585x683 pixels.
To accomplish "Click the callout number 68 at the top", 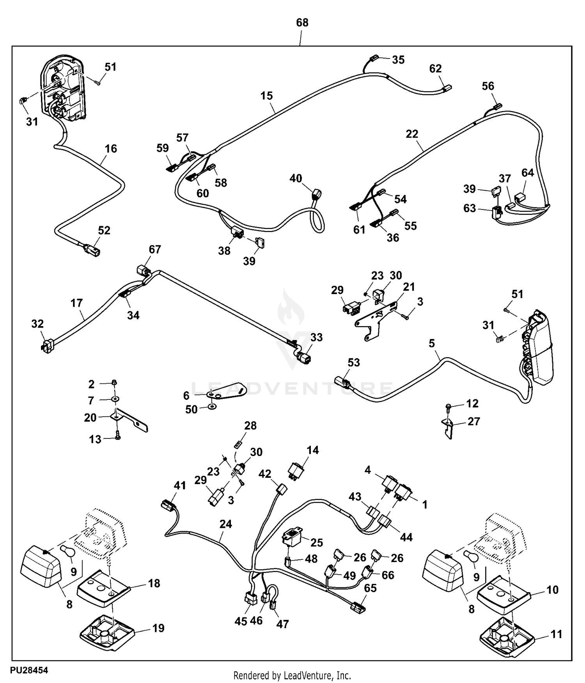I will tap(302, 23).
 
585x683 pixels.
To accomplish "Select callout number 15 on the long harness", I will tap(267, 96).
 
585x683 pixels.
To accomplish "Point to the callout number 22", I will tap(412, 134).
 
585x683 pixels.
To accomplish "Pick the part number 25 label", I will tap(317, 542).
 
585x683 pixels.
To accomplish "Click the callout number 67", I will tap(155, 250).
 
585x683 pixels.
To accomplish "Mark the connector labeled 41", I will tap(168, 506).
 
